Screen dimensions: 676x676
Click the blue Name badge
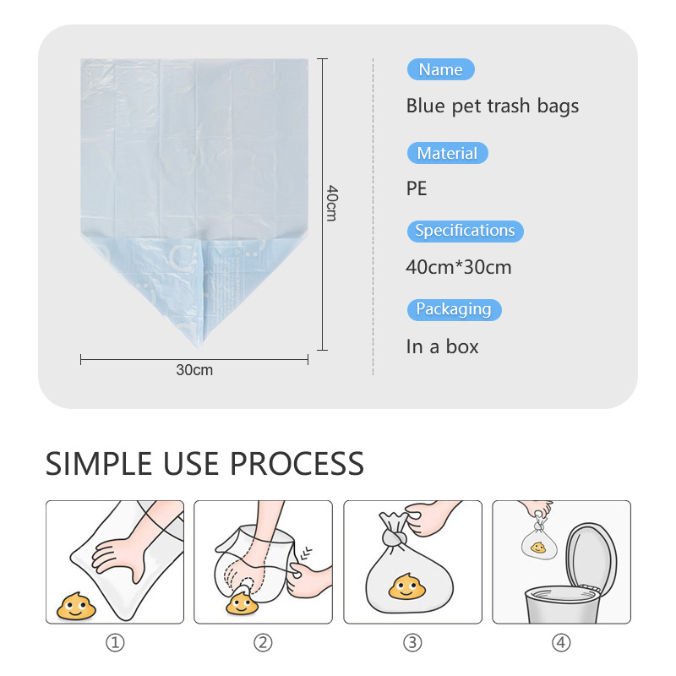point(440,69)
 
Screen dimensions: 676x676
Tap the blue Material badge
point(448,153)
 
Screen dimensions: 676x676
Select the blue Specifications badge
point(466,231)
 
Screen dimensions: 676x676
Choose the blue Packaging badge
point(454,309)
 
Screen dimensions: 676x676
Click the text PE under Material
point(417,188)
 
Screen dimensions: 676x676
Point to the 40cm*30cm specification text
point(459,267)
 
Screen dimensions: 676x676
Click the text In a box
point(442,346)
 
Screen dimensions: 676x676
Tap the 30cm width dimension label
point(194,370)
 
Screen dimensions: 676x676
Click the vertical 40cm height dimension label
point(332,203)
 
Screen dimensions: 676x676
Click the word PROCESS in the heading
point(297,464)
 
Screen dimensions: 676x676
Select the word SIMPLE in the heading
point(99,464)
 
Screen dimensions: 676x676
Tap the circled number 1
point(115,643)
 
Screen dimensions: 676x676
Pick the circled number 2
point(263,643)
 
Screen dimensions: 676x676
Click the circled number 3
point(412,643)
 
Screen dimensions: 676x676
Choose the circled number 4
point(561,643)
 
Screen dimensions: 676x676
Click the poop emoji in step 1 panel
point(76,606)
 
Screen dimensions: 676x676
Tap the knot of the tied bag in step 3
point(394,538)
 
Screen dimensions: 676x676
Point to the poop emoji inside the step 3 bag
point(406,586)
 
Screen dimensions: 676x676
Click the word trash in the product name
point(509,106)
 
